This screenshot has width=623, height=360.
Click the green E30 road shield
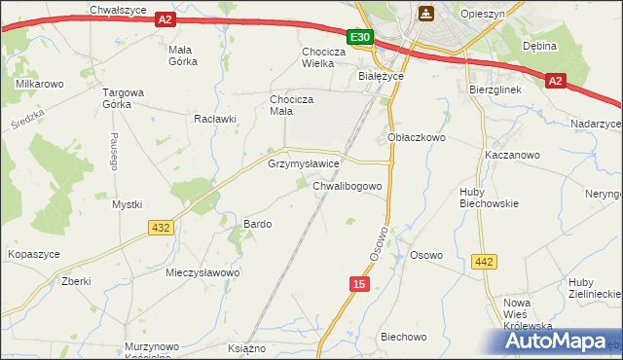(x=360, y=37)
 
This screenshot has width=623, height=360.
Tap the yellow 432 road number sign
(x=162, y=227)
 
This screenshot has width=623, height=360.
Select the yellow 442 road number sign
(x=484, y=261)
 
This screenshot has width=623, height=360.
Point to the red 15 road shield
(x=360, y=282)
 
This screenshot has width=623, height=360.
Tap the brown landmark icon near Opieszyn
(x=425, y=13)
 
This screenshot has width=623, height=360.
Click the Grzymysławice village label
(x=303, y=164)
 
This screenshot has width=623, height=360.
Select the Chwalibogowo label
(x=353, y=185)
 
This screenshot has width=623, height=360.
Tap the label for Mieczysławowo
(x=202, y=272)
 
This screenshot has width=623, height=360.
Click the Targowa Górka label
(x=124, y=99)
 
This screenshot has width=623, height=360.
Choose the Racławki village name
(x=215, y=119)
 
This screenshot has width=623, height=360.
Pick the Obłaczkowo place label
(x=417, y=138)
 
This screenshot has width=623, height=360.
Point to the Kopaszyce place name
(x=34, y=253)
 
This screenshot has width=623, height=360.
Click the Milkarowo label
(x=40, y=85)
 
